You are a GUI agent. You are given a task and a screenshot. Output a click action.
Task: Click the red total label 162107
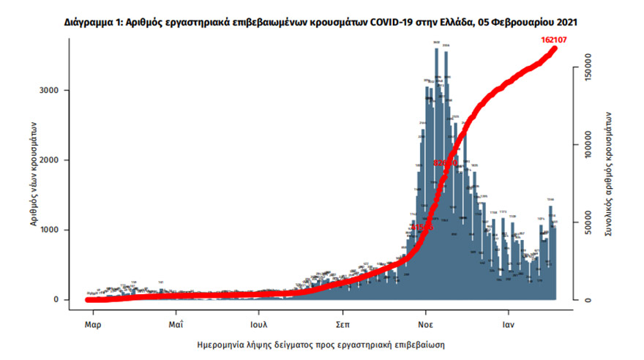(553, 39)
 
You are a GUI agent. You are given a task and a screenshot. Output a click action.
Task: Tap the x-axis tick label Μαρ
(91, 322)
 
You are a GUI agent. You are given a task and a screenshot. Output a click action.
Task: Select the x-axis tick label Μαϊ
(174, 322)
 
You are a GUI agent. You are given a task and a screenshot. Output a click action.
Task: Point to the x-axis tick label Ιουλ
(258, 322)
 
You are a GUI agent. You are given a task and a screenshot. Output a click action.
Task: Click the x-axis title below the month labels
(321, 343)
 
